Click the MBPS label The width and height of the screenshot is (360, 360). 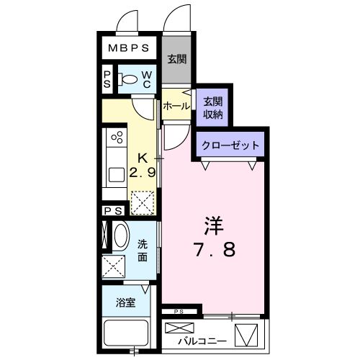pyautogui.click(x=129, y=48)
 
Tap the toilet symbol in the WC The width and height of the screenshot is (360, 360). pyautogui.click(x=127, y=79)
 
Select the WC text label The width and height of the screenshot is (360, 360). pyautogui.click(x=146, y=80)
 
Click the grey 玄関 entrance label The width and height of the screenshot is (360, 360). pyautogui.click(x=177, y=59)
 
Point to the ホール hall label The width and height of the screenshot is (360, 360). pyautogui.click(x=176, y=106)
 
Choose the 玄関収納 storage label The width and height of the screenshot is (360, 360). pyautogui.click(x=213, y=108)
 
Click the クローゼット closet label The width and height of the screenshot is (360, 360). pyautogui.click(x=230, y=145)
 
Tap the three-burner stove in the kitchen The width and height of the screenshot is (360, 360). pyautogui.click(x=117, y=138)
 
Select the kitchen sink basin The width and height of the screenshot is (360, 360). pyautogui.click(x=117, y=175)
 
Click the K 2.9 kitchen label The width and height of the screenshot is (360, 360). pyautogui.click(x=143, y=166)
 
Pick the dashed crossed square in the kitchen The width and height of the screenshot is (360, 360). pyautogui.click(x=143, y=202)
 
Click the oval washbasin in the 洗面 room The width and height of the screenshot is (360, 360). pyautogui.click(x=121, y=235)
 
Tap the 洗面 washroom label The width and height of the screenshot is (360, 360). pyautogui.click(x=143, y=251)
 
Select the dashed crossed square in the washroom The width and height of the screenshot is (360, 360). pyautogui.click(x=114, y=267)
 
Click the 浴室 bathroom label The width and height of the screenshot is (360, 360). pyautogui.click(x=125, y=302)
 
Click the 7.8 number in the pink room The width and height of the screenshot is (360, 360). pyautogui.click(x=215, y=249)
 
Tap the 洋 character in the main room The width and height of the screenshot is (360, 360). pyautogui.click(x=214, y=226)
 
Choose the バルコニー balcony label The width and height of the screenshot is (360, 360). pyautogui.click(x=202, y=341)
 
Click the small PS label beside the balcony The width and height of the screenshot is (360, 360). pyautogui.click(x=179, y=312)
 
